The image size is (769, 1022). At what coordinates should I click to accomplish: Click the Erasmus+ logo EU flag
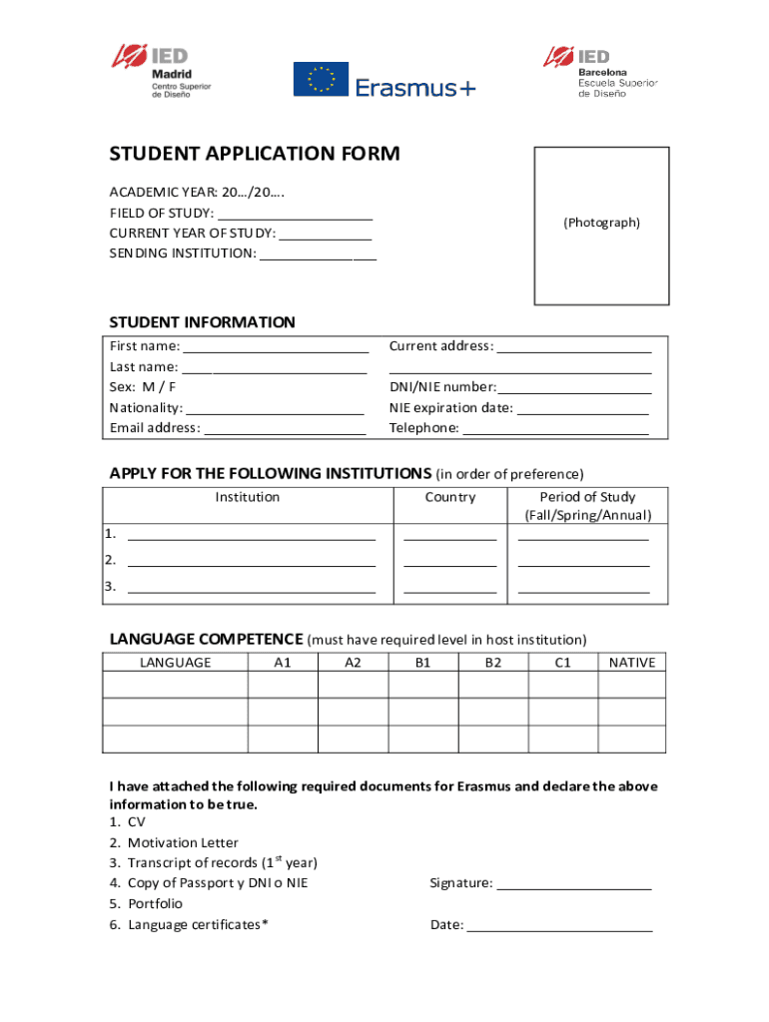(x=320, y=80)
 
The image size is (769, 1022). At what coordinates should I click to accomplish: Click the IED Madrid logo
(x=161, y=70)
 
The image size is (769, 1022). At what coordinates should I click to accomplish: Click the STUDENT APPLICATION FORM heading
(x=254, y=154)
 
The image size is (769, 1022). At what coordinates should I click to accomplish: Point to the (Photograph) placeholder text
(x=601, y=223)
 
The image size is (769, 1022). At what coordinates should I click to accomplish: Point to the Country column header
(x=449, y=497)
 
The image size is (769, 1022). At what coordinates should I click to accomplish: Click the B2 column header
(x=493, y=663)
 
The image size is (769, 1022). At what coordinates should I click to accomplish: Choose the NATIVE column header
(x=631, y=663)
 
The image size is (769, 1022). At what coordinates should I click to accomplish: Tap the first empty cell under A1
(x=283, y=685)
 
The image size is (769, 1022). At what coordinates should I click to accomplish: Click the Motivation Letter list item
(x=183, y=842)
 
